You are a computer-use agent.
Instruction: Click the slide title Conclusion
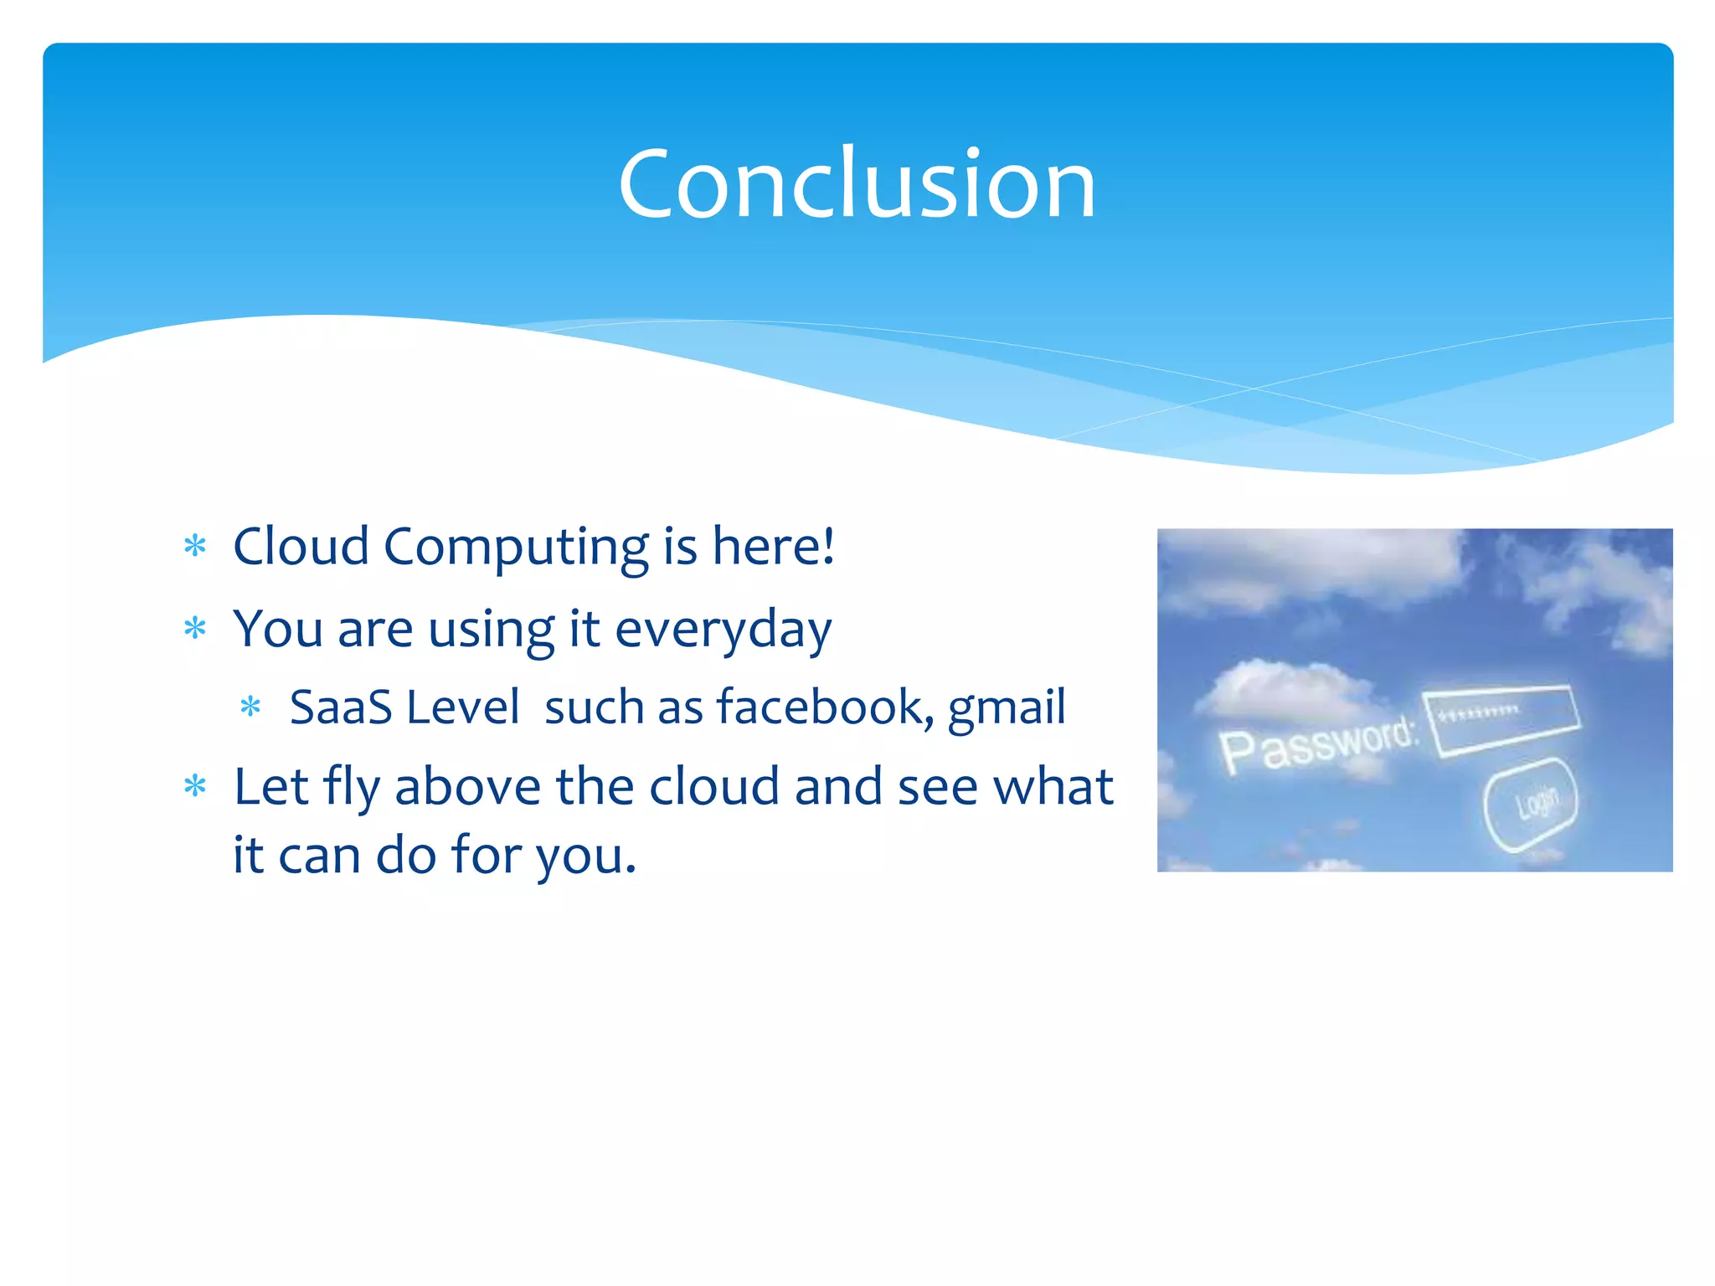[857, 183]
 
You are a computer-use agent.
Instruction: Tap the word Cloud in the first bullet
[301, 546]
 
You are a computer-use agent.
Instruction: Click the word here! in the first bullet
[773, 546]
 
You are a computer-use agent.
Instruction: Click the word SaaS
[341, 707]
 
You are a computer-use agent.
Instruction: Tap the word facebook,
[824, 707]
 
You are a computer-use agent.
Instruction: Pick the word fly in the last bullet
[349, 789]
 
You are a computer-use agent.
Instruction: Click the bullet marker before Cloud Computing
[195, 547]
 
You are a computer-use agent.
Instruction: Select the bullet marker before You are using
[195, 629]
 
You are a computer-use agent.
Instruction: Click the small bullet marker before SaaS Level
[250, 707]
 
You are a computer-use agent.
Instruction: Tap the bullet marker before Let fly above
[195, 786]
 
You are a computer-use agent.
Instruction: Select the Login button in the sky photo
[1531, 804]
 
